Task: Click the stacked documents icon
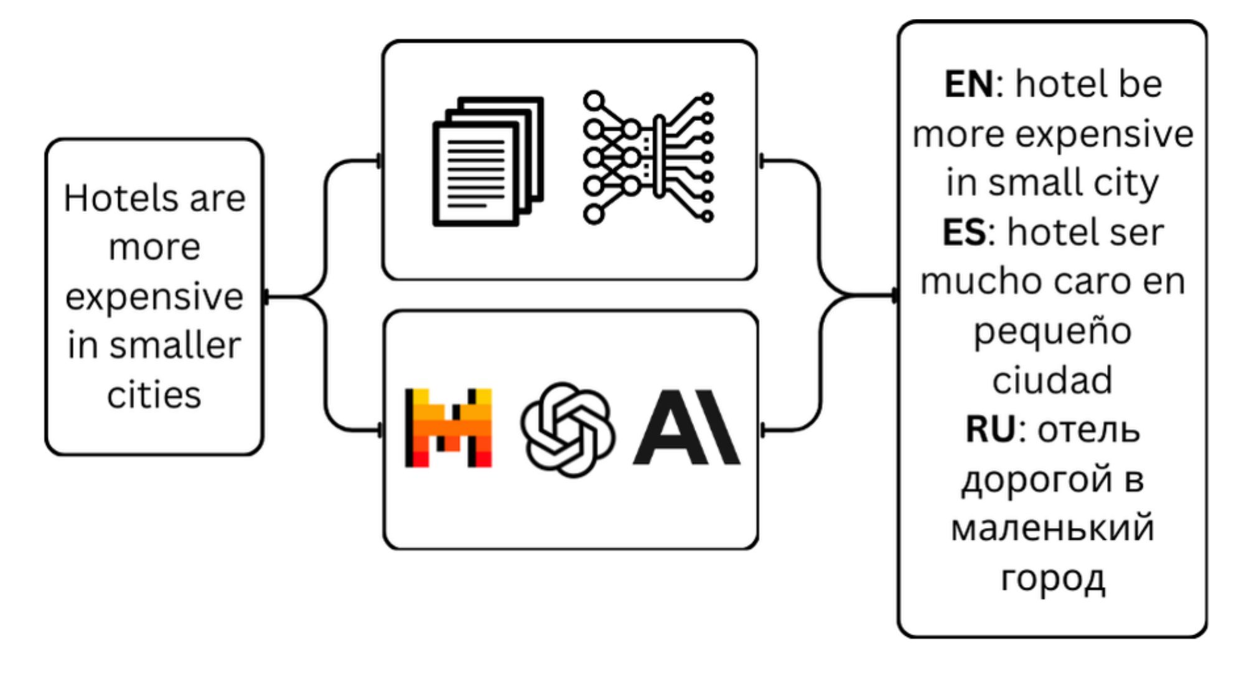click(488, 161)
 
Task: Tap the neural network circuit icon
click(648, 158)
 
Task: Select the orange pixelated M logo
click(448, 428)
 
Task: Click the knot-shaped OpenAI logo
click(567, 430)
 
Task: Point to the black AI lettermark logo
click(686, 428)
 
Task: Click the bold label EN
click(968, 84)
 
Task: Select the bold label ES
click(964, 232)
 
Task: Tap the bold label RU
click(990, 430)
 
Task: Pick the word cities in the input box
click(154, 395)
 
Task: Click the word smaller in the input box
click(175, 346)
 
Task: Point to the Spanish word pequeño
click(1052, 331)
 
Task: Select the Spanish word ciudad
click(1052, 380)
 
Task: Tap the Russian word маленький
click(1052, 528)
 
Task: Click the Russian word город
click(1052, 578)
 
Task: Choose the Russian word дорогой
click(1036, 479)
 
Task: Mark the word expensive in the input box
click(154, 296)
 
